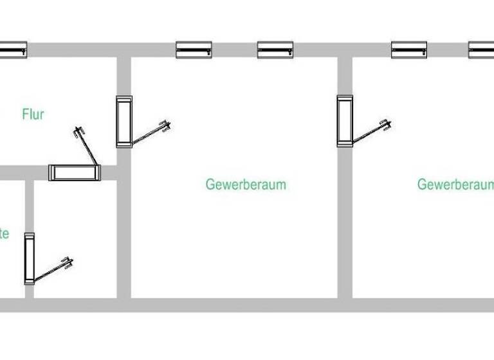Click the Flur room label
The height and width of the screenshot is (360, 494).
click(x=33, y=115)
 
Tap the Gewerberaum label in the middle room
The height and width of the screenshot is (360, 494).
click(x=246, y=184)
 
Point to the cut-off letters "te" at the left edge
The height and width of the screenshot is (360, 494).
click(x=4, y=233)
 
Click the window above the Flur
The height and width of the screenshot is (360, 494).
click(x=13, y=50)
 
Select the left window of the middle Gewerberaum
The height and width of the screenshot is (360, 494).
click(x=194, y=50)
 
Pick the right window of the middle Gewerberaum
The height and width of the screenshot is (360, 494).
click(x=275, y=50)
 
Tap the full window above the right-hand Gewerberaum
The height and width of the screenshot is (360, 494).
click(x=409, y=50)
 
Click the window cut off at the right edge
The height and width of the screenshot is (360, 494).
click(x=482, y=50)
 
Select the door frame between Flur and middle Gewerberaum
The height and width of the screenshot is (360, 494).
click(x=124, y=122)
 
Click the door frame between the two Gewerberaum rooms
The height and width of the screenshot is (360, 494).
click(x=345, y=121)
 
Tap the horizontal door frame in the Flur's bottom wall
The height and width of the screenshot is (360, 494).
click(x=75, y=172)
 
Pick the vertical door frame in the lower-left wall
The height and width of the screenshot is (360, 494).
click(x=29, y=258)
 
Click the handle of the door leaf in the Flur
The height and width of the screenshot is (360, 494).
click(x=79, y=132)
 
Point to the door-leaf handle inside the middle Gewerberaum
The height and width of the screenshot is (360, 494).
click(x=166, y=125)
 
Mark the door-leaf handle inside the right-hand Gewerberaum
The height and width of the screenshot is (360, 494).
click(x=385, y=125)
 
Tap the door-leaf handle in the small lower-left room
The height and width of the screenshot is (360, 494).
click(x=67, y=262)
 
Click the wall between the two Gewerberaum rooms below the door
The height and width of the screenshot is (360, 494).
click(x=345, y=225)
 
